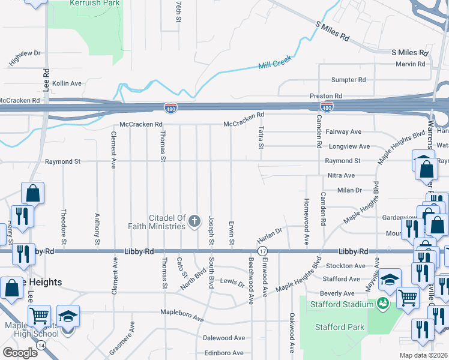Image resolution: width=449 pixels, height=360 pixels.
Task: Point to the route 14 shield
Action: tap(41, 346)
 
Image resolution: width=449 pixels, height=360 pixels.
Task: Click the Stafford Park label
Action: tap(340, 327)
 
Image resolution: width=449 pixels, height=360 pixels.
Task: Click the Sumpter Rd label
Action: tap(349, 80)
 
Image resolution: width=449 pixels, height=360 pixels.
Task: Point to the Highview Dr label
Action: tap(24, 58)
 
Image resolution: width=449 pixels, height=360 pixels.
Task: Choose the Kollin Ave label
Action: tap(67, 83)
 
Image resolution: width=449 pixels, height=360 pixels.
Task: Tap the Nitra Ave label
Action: tap(341, 175)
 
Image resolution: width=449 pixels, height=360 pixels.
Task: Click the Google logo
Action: tap(20, 352)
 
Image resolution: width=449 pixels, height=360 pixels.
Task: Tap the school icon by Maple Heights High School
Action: tap(68, 316)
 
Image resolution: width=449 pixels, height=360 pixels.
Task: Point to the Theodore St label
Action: tap(64, 223)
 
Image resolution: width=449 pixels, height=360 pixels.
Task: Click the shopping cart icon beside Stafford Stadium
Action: tap(408, 296)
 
